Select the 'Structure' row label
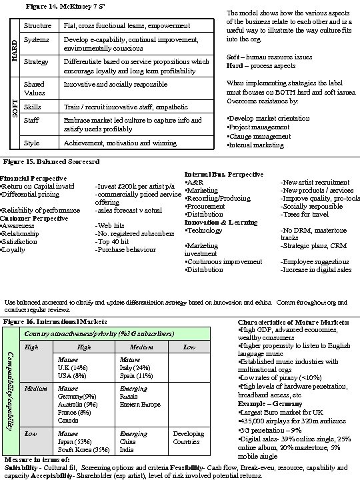point(37,25)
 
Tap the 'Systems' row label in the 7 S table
point(36,40)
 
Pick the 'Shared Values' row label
point(34,89)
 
